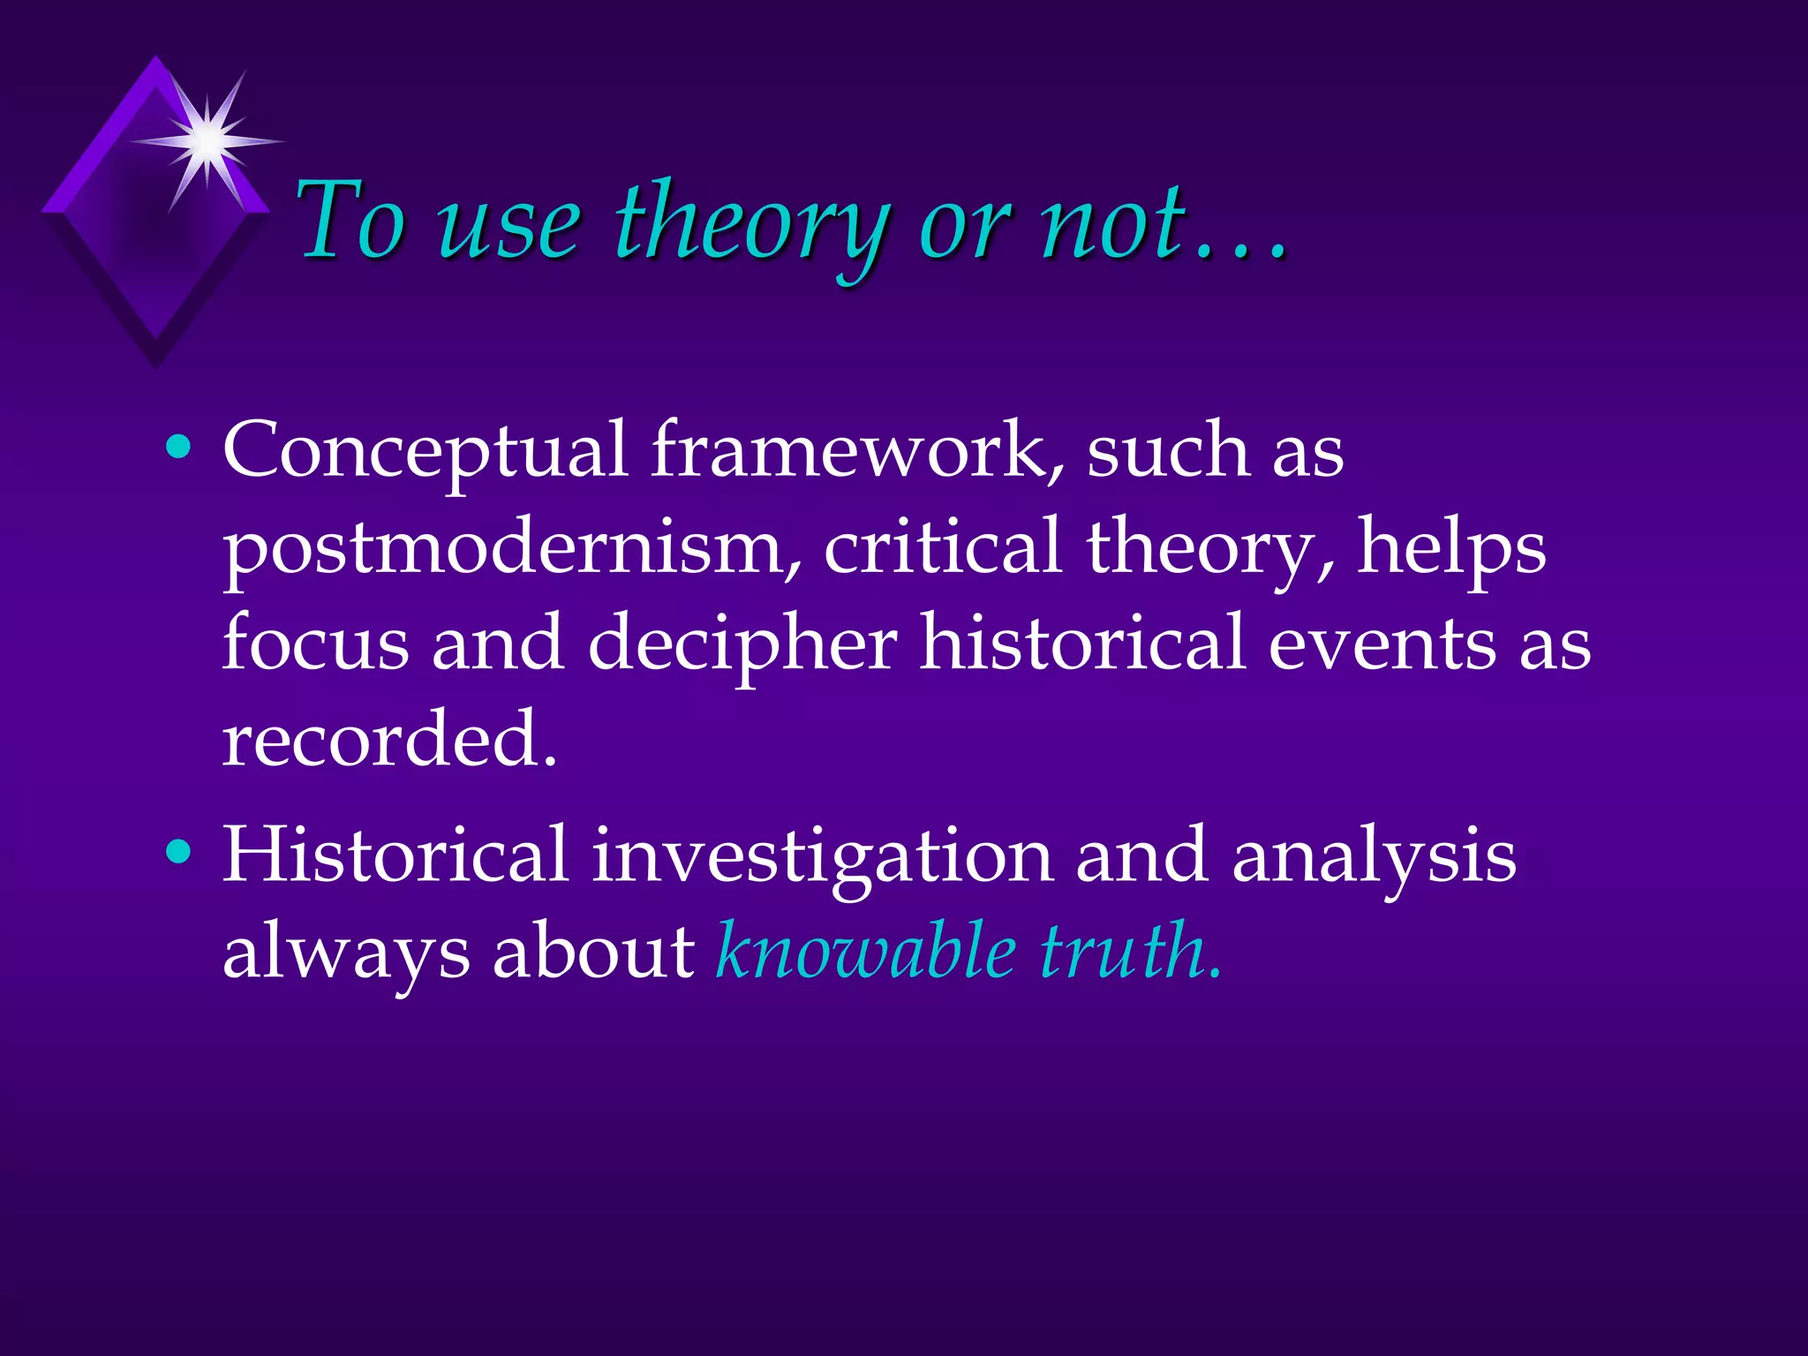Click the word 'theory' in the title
[x=750, y=222]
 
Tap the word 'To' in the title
[x=350, y=221]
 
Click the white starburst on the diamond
[x=208, y=140]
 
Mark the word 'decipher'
[x=742, y=644]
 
